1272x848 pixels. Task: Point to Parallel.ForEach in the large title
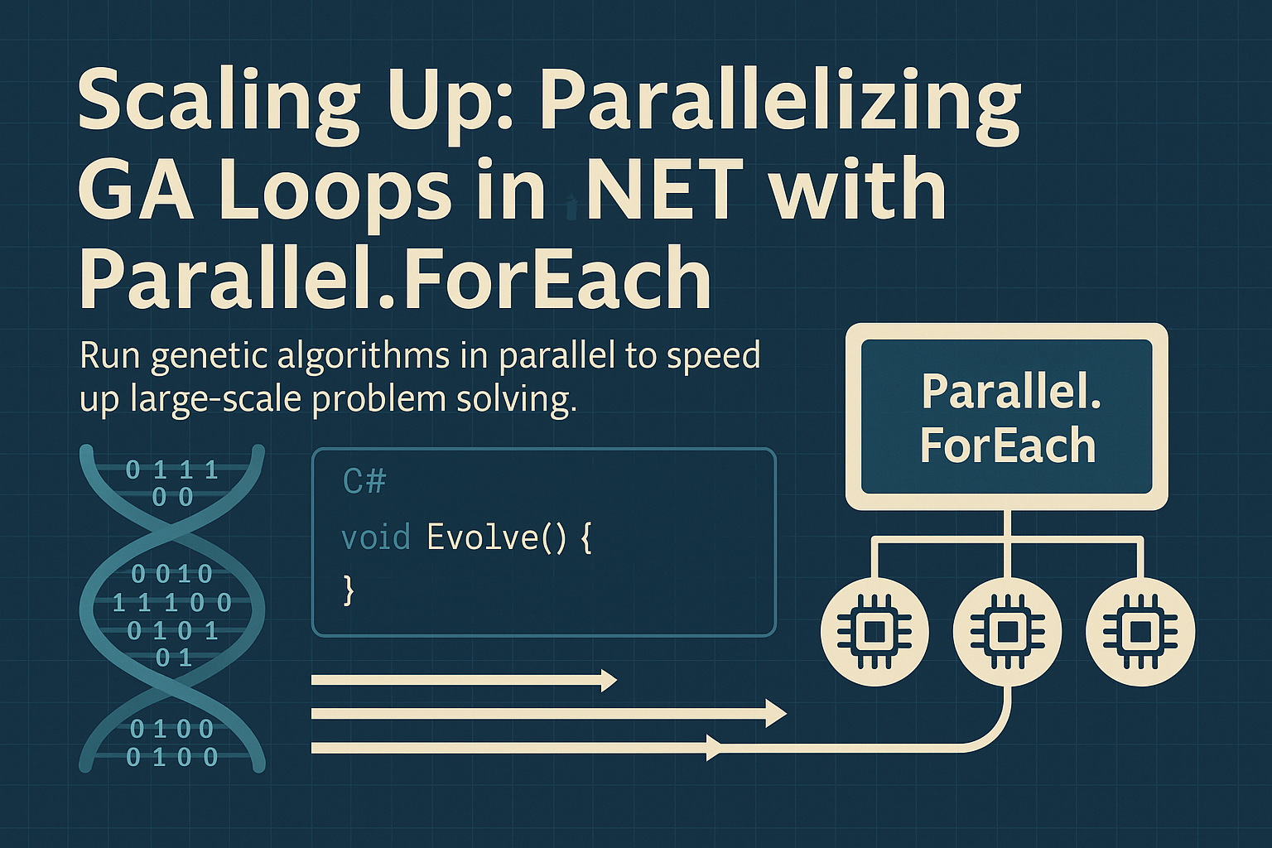pyautogui.click(x=395, y=277)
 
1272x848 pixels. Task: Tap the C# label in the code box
pyautogui.click(x=364, y=481)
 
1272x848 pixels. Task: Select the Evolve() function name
pyautogui.click(x=496, y=537)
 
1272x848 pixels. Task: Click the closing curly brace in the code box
pyautogui.click(x=349, y=590)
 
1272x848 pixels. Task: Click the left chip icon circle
pyautogui.click(x=874, y=633)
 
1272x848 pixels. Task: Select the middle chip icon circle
pyautogui.click(x=1007, y=633)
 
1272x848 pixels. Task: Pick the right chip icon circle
pyautogui.click(x=1140, y=633)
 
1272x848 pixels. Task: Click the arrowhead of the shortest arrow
pyautogui.click(x=609, y=681)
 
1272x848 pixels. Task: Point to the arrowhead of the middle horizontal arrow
pyautogui.click(x=776, y=713)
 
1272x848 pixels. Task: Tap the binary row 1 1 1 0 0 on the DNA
pyautogui.click(x=172, y=602)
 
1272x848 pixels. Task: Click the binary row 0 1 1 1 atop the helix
pyautogui.click(x=172, y=470)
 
